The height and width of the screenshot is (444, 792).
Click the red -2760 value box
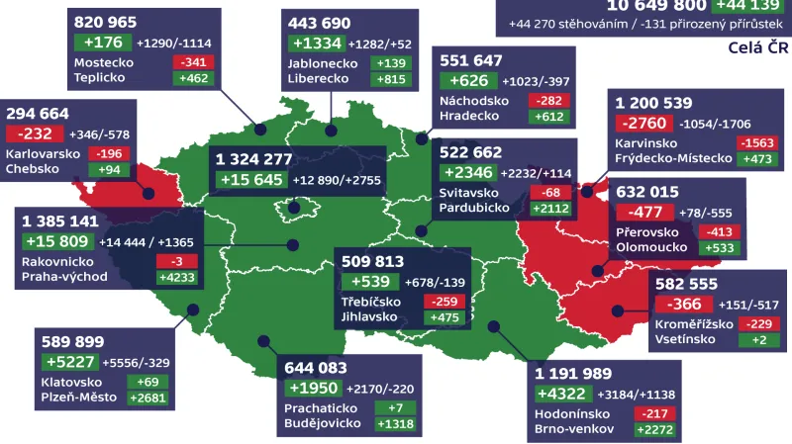(643, 125)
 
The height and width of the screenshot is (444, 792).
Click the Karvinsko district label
(646, 143)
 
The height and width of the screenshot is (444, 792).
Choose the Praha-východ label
(64, 277)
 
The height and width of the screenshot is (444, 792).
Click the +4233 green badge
(178, 277)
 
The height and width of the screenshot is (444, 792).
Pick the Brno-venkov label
(573, 429)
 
